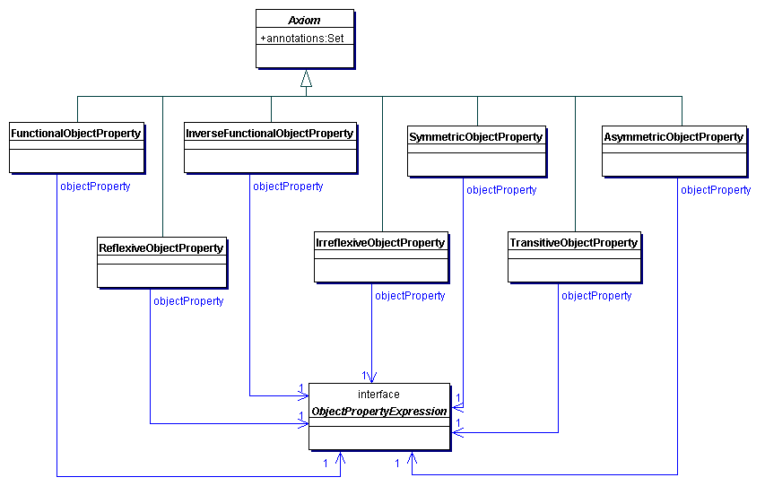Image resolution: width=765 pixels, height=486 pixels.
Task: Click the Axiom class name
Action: [305, 21]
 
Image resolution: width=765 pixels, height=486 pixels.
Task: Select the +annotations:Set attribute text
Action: [302, 39]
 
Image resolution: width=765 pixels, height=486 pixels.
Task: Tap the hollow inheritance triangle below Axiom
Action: [306, 78]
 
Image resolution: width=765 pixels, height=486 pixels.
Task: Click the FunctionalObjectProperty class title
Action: [76, 134]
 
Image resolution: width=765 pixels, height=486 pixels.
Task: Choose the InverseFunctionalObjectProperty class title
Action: [269, 134]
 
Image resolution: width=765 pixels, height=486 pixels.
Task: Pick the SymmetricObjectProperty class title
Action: [476, 137]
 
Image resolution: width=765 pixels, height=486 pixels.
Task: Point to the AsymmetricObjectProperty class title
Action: [674, 137]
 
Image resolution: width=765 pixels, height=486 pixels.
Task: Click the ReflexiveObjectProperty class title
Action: [161, 247]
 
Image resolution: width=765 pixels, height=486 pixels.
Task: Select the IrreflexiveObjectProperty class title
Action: [380, 243]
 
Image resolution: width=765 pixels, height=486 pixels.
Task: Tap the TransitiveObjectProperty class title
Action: [573, 243]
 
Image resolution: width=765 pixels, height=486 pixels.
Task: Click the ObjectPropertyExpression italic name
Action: [378, 412]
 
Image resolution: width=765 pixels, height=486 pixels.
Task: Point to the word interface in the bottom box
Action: [378, 395]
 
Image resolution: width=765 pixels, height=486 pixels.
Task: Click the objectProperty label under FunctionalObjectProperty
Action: [95, 187]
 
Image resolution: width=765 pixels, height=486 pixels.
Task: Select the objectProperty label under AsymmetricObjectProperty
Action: [716, 190]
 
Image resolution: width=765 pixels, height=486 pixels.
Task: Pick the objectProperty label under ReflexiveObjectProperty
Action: [188, 301]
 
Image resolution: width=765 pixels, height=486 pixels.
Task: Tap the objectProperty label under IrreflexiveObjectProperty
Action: [410, 296]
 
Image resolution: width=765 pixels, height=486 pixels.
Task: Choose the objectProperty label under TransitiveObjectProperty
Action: [596, 296]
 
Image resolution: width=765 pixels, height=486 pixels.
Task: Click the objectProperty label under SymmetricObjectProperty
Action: [501, 190]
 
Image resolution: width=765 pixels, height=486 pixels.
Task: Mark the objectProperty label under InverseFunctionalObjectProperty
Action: [288, 187]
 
